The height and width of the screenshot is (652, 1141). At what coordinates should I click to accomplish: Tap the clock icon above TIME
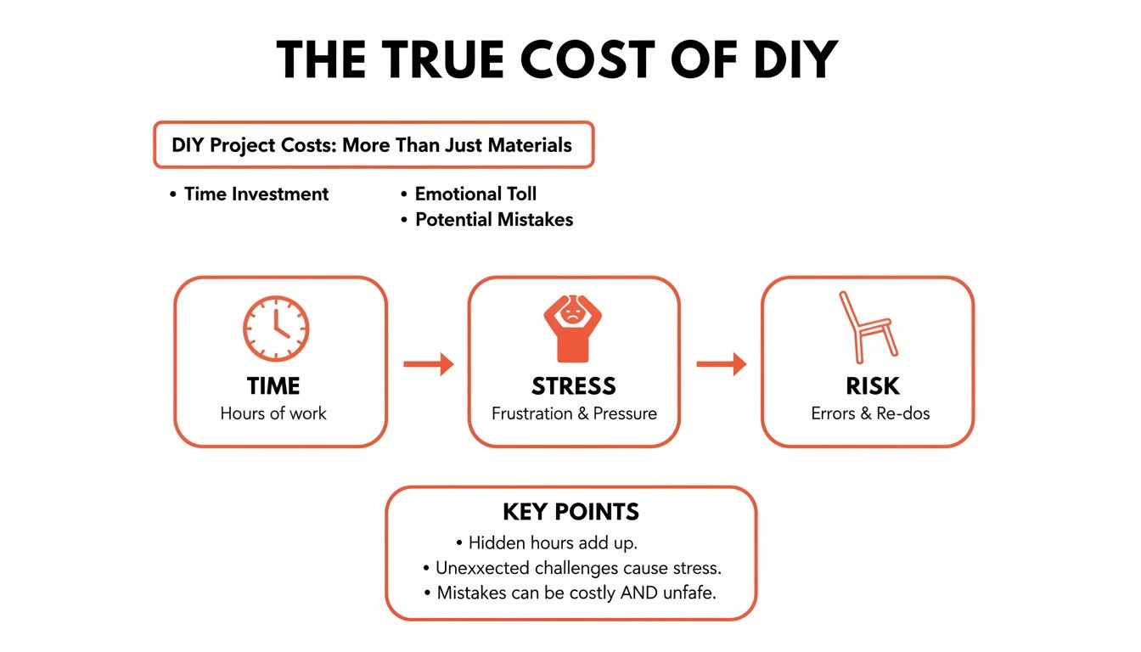click(276, 329)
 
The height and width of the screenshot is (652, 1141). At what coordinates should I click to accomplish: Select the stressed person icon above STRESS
click(572, 328)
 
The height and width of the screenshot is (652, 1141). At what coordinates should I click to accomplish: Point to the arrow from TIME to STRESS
click(428, 365)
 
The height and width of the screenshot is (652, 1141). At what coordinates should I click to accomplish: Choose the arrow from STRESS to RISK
click(721, 365)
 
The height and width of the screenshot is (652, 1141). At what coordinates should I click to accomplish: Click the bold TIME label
click(273, 386)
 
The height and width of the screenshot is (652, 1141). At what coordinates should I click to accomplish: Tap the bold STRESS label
click(573, 386)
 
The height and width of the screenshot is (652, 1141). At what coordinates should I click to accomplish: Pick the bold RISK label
click(872, 386)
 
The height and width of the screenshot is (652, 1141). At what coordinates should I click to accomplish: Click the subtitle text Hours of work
click(273, 413)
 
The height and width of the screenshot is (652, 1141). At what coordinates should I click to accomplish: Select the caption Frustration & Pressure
click(574, 413)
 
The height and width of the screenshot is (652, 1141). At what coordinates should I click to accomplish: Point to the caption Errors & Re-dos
click(871, 413)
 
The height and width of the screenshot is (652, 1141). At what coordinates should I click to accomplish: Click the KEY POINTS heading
click(570, 512)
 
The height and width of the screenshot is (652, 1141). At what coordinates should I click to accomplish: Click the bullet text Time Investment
click(256, 194)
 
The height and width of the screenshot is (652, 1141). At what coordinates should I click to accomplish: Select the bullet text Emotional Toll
click(475, 194)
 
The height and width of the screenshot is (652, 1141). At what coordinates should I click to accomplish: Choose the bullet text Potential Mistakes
click(493, 219)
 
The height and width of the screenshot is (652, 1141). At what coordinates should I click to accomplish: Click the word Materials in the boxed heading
click(530, 144)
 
